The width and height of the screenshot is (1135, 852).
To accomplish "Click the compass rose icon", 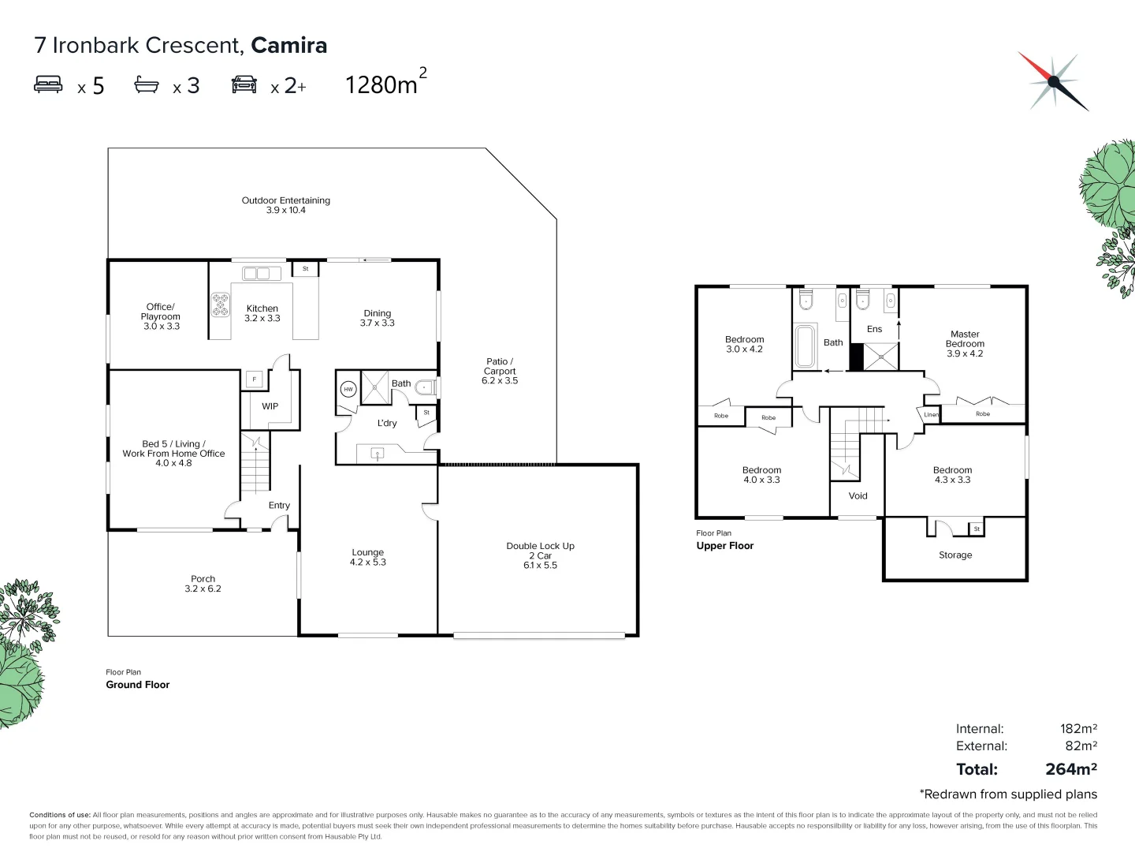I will (x=1053, y=81).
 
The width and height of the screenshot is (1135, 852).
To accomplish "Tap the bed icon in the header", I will (x=48, y=84).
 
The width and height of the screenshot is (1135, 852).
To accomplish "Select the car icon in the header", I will (x=244, y=84).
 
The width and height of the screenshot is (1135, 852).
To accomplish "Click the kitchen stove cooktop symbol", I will (x=220, y=305).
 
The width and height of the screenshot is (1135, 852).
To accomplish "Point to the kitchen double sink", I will (x=261, y=274).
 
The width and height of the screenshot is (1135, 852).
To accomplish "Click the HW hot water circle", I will (x=348, y=389).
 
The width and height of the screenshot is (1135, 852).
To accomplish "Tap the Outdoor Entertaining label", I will (x=285, y=205).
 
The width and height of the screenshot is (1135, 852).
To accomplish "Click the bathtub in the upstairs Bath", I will (x=806, y=346).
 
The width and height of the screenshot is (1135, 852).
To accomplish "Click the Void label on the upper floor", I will (x=858, y=496).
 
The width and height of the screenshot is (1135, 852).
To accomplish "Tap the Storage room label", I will (x=955, y=555).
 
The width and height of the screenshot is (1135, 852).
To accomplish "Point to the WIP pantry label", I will (x=270, y=406).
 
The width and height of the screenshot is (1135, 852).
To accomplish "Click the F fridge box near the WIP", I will (x=254, y=379).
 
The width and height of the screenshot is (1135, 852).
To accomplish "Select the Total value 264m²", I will (x=1070, y=769).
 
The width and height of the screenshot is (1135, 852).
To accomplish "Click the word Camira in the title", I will (x=288, y=45).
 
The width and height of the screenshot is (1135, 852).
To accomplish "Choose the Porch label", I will (x=203, y=584).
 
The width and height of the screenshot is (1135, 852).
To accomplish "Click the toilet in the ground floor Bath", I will (x=426, y=387).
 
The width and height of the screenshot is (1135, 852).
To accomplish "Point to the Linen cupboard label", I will (x=931, y=414).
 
